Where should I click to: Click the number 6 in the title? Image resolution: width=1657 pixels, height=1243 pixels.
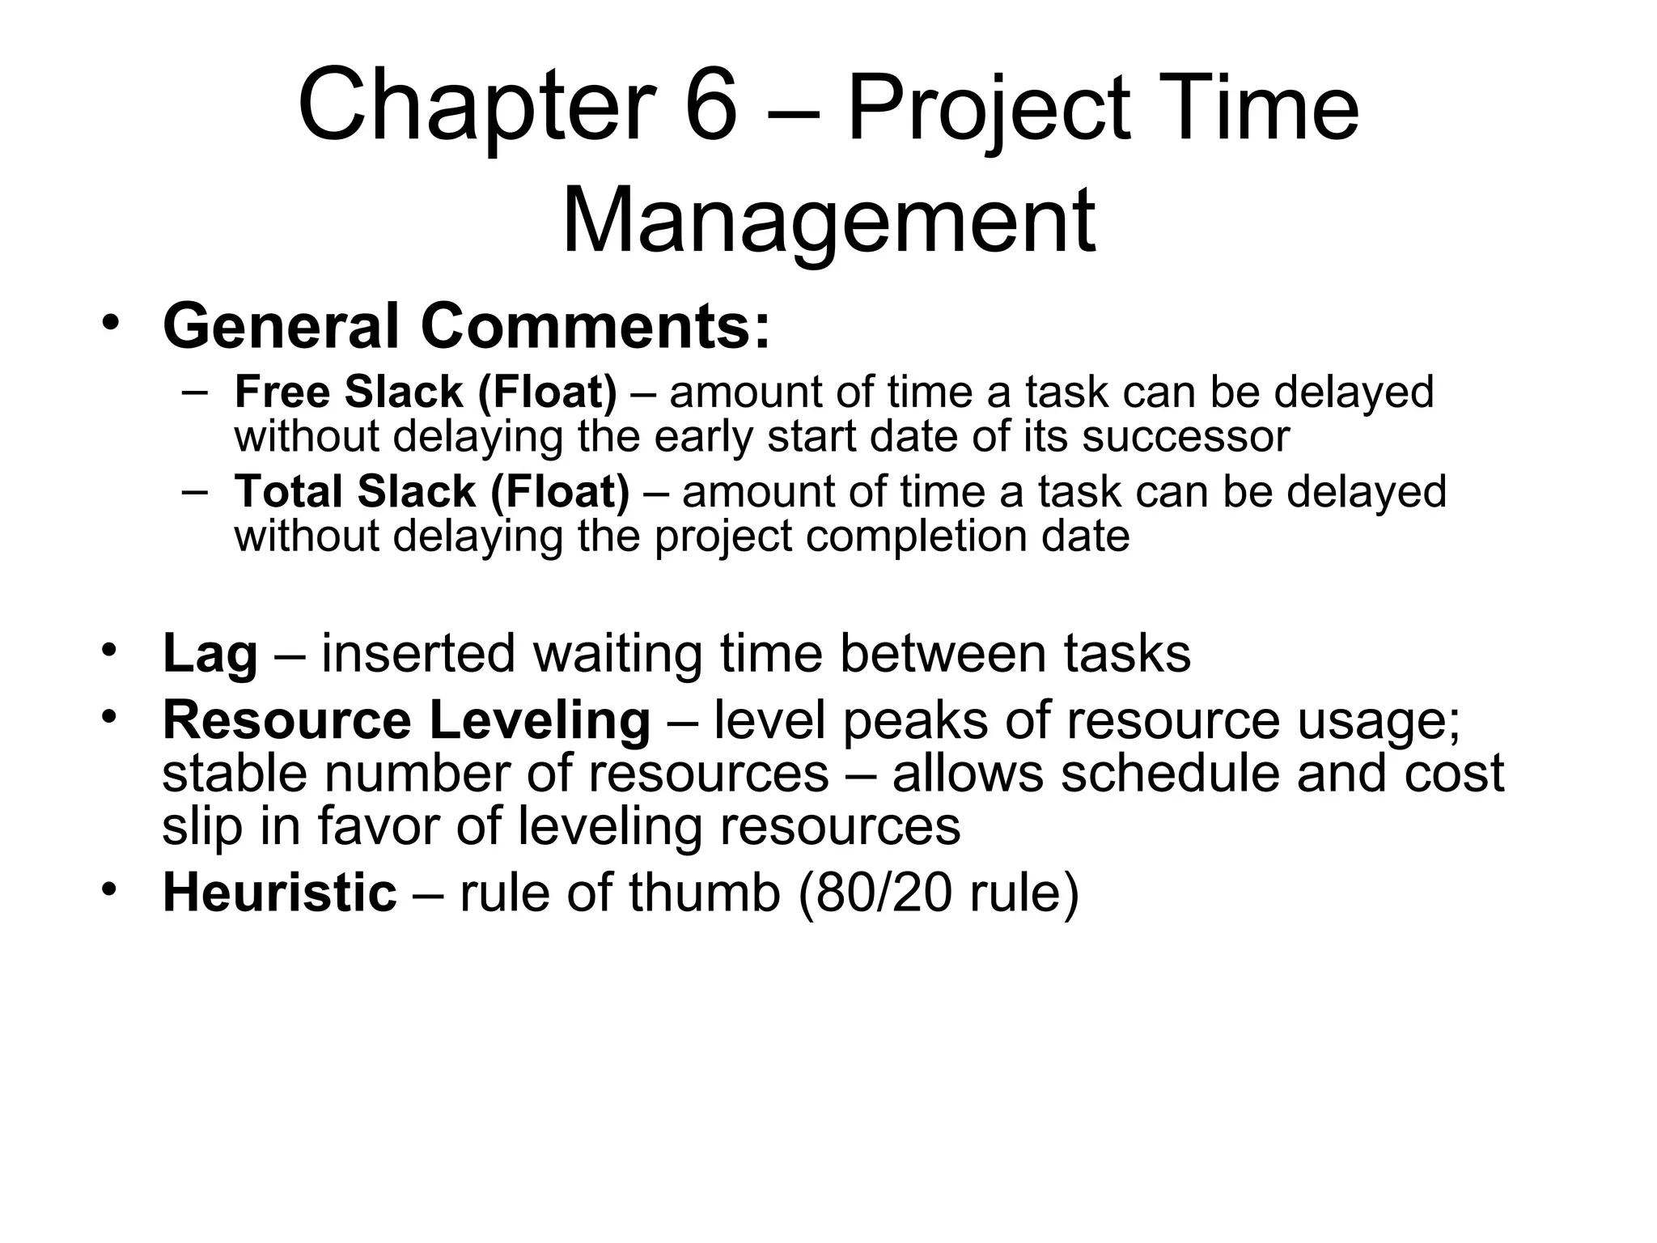click(x=711, y=107)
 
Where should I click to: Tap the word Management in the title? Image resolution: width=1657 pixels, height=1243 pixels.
click(x=828, y=220)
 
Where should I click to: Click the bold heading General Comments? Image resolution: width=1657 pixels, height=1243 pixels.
click(x=467, y=327)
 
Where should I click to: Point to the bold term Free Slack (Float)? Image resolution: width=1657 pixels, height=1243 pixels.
click(x=426, y=392)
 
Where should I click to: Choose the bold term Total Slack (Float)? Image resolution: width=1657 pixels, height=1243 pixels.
click(x=431, y=492)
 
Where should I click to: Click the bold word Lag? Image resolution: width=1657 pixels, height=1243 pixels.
click(x=210, y=654)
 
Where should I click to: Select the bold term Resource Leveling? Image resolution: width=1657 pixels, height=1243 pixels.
click(x=406, y=720)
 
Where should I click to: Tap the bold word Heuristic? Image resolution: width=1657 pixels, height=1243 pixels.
click(x=280, y=893)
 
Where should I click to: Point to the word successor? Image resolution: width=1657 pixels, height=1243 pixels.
click(x=1185, y=436)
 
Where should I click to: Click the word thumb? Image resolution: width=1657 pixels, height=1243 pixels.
click(x=704, y=893)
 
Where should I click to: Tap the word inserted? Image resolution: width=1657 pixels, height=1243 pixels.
click(x=418, y=654)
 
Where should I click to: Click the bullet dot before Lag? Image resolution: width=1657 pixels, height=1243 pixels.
click(x=110, y=650)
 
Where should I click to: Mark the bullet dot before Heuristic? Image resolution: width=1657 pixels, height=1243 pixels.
click(x=110, y=889)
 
